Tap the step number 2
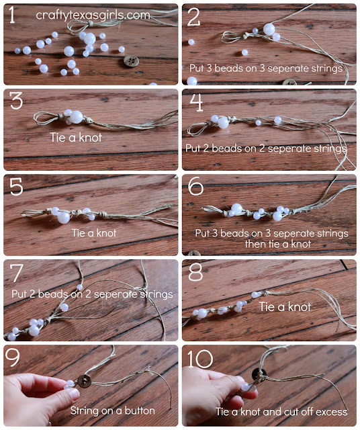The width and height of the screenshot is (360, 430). [x=194, y=17]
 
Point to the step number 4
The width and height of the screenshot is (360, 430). [x=195, y=103]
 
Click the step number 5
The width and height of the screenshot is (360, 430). [x=15, y=188]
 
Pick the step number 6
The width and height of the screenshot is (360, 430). [x=195, y=188]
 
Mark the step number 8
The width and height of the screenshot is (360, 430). [x=195, y=273]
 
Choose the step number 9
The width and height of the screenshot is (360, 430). [x=15, y=359]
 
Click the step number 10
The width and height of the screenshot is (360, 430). [x=201, y=359]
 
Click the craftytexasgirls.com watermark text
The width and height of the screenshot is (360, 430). [x=93, y=14]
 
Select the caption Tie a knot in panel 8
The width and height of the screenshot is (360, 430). [x=285, y=306]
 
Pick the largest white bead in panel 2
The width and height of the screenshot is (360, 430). [x=269, y=29]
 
